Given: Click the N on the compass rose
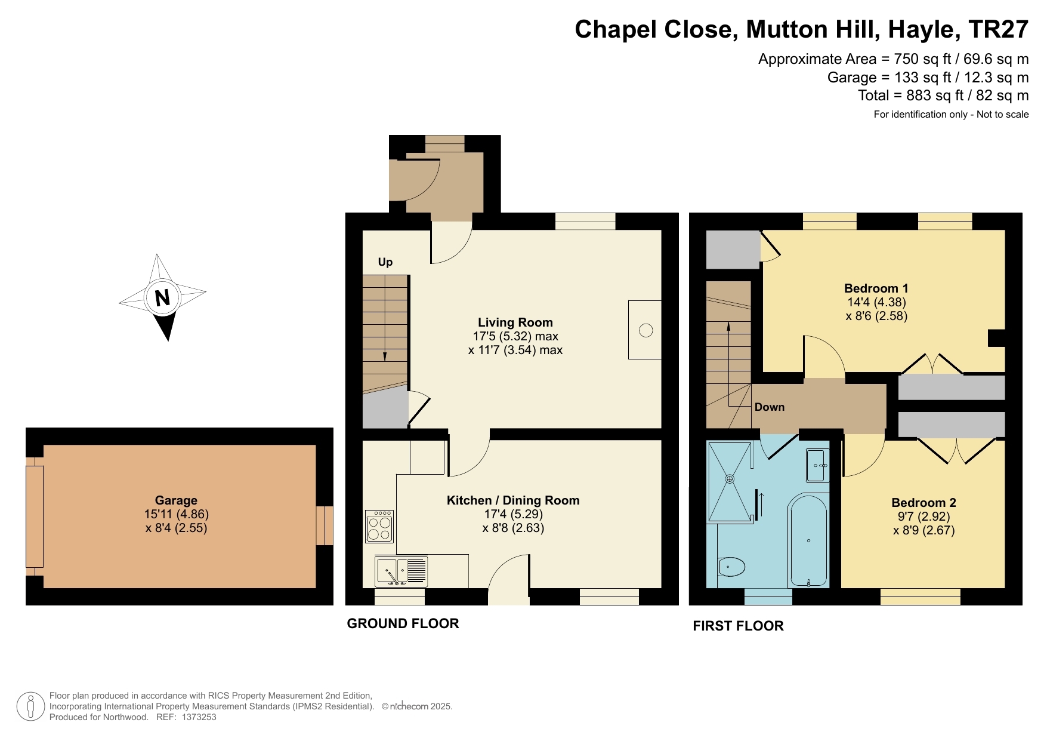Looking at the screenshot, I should click(162, 297).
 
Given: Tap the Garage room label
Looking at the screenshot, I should click(176, 500).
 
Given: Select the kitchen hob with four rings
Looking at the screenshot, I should click(379, 526).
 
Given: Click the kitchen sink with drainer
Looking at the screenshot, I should click(401, 571).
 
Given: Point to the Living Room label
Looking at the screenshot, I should click(515, 322).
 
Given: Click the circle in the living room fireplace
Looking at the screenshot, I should click(646, 330).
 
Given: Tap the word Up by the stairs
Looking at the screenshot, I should click(385, 262).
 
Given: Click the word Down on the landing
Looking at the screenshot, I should click(769, 407).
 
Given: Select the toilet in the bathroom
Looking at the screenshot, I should click(732, 567).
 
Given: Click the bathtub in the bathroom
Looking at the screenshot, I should click(808, 540).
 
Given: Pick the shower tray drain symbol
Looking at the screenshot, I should click(729, 479).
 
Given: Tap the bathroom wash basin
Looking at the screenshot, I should click(817, 465).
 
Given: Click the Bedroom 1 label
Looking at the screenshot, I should click(876, 288).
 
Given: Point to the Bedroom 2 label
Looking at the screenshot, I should click(924, 503).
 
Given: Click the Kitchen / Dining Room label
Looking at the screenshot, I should click(513, 500).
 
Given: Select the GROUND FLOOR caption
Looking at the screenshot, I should click(403, 623).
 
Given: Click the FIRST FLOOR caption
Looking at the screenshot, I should click(738, 626).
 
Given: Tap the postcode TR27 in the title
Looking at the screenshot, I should click(998, 29).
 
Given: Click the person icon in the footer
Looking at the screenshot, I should click(30, 706).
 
